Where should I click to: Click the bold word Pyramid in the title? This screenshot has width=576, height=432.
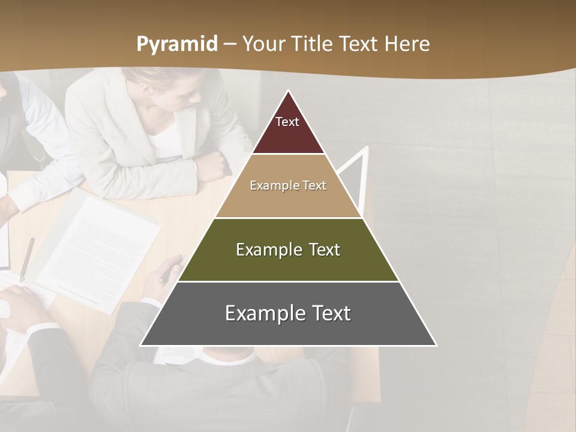(x=177, y=44)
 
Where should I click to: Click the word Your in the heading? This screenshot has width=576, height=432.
(x=264, y=44)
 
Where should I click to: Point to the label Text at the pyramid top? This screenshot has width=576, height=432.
(x=287, y=122)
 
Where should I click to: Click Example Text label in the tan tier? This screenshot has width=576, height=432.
(x=288, y=185)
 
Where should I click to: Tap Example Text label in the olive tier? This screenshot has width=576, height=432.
(x=288, y=250)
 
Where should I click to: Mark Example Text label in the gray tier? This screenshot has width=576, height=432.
(x=288, y=313)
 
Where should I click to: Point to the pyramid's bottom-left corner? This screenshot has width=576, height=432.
(x=141, y=346)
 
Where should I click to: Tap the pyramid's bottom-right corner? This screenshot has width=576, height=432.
(x=436, y=346)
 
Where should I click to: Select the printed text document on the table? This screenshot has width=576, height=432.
(x=99, y=249)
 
